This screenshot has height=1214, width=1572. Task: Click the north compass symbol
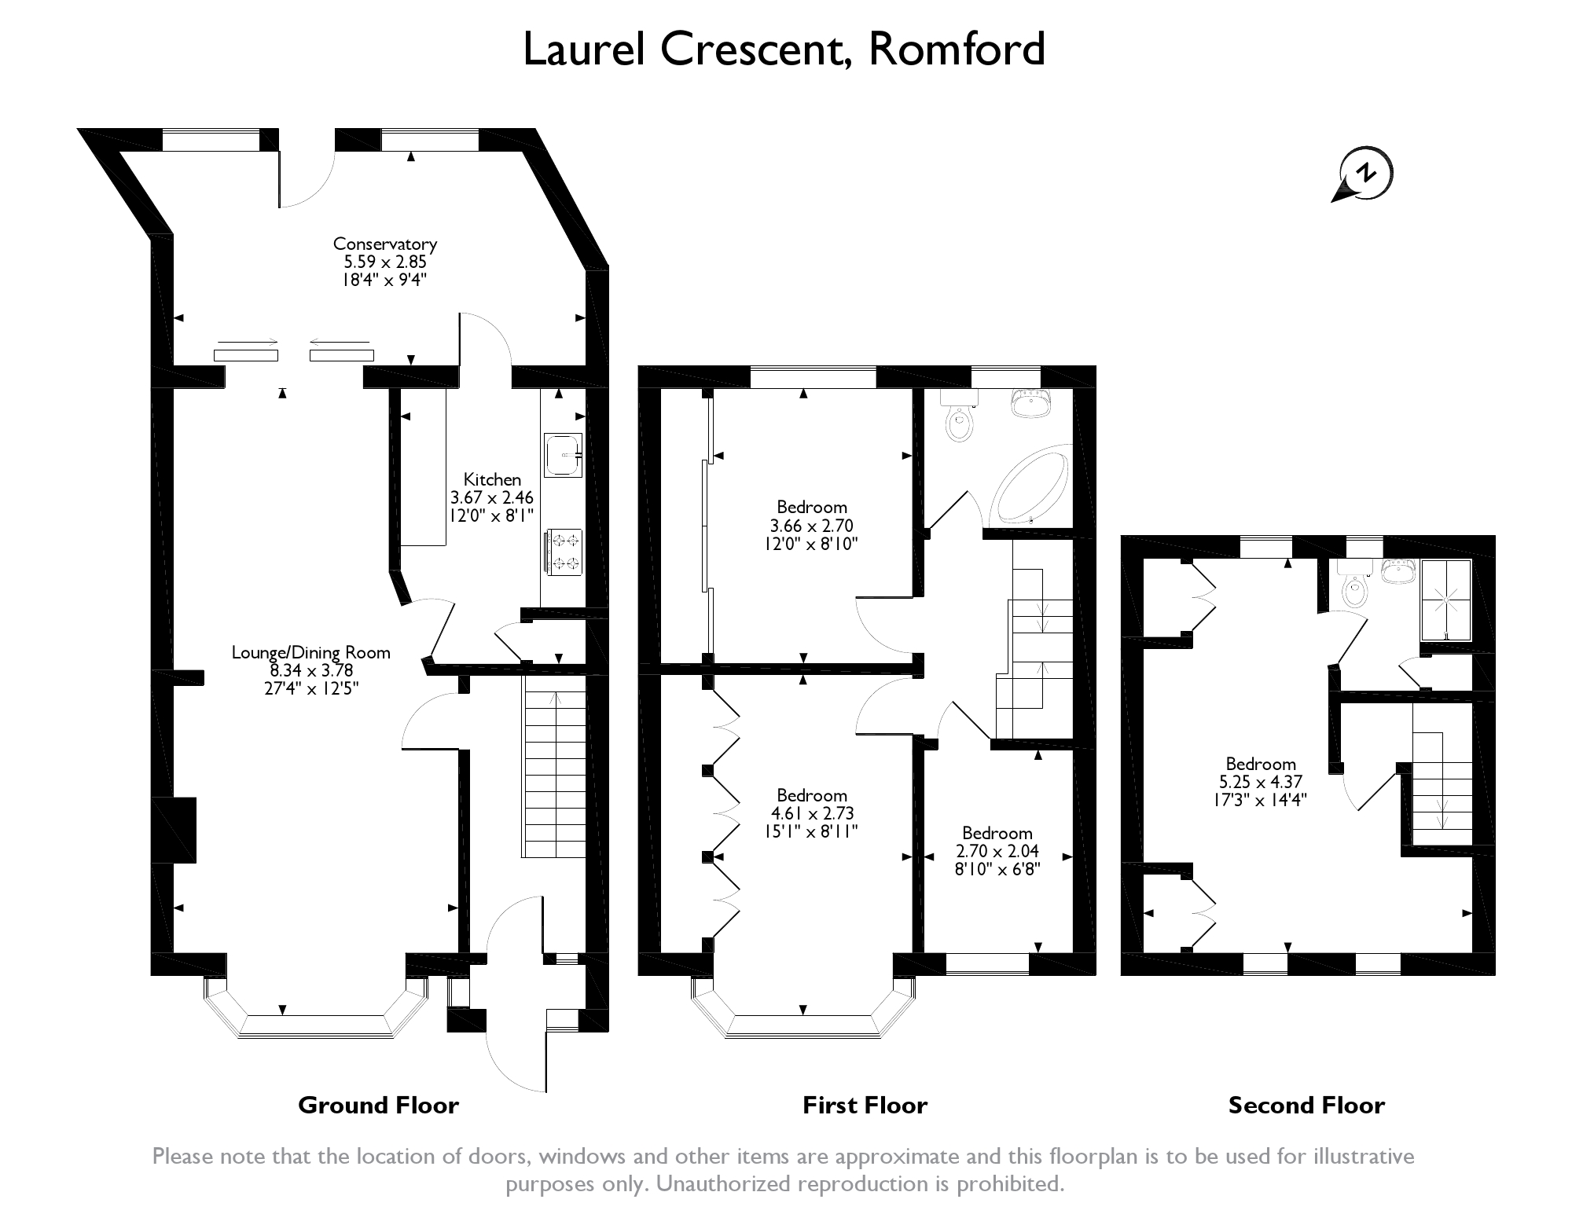pos(1366,174)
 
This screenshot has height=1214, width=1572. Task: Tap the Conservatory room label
pos(384,244)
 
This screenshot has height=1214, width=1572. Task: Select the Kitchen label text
pos(492,479)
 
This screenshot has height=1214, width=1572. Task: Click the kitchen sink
pos(562,454)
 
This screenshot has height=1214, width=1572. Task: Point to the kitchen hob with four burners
pos(562,552)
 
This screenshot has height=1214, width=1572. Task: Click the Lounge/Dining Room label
pos(311,652)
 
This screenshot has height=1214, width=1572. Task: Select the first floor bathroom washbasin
pos(1030,404)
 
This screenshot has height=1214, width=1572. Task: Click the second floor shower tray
pos(1446,600)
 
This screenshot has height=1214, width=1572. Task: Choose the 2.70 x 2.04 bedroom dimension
pos(997,851)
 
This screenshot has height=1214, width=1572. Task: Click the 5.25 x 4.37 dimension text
pos(1261,782)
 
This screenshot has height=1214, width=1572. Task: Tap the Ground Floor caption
pos(378,1106)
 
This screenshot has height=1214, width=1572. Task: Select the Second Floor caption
pos(1306,1106)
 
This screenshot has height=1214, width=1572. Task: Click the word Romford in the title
pos(957,49)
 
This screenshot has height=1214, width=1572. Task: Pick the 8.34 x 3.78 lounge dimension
pos(311,670)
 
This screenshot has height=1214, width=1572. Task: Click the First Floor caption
pos(865,1106)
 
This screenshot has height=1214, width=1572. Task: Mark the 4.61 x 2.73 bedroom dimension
pos(812,813)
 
